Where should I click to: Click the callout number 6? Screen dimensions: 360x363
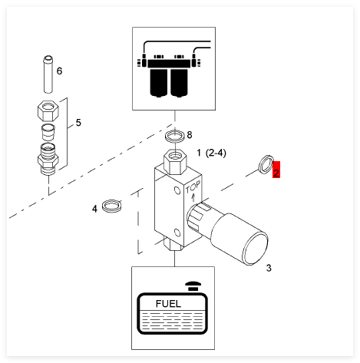(x=59, y=71)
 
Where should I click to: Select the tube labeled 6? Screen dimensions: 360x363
(x=48, y=74)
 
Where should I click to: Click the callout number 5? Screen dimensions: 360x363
(x=78, y=123)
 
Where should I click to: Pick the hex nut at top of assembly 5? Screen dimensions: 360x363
(x=48, y=111)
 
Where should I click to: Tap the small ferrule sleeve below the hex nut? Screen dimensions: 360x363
(x=48, y=132)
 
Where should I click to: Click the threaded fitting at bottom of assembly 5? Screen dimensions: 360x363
(x=48, y=159)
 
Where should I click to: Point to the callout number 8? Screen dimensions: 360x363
(x=190, y=135)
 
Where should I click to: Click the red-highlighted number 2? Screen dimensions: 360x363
(x=276, y=170)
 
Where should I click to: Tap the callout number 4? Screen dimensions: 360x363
(x=94, y=209)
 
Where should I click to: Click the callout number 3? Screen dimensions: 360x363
(x=269, y=268)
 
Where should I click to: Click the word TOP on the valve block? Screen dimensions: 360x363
(x=193, y=188)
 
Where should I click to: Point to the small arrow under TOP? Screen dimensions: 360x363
(x=193, y=197)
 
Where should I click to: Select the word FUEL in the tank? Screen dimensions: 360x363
(x=168, y=304)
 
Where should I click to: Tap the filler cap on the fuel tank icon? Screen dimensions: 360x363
(x=193, y=286)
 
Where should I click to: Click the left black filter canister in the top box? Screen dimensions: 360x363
(x=158, y=83)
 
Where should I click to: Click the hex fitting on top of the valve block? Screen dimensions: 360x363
(x=175, y=162)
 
